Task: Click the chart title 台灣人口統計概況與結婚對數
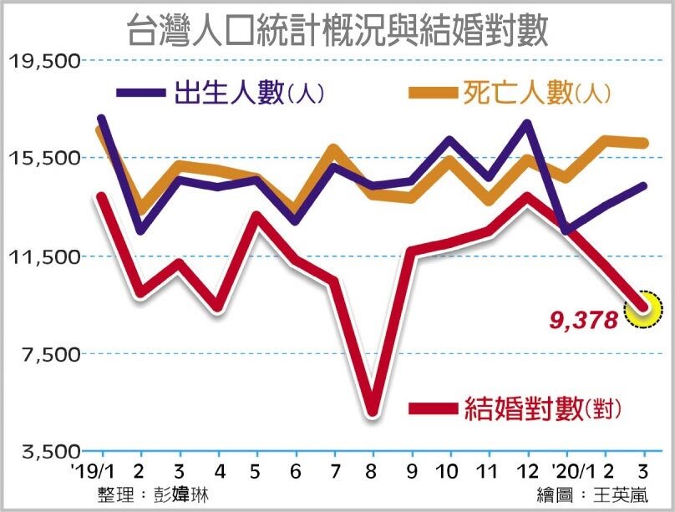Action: pos(337,32)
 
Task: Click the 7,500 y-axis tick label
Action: pos(47,354)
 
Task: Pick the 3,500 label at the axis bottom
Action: pos(47,452)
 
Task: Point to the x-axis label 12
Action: pos(526,469)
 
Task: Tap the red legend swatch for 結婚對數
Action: pos(432,408)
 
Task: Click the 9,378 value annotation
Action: pos(585,318)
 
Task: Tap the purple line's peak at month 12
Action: pos(526,124)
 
